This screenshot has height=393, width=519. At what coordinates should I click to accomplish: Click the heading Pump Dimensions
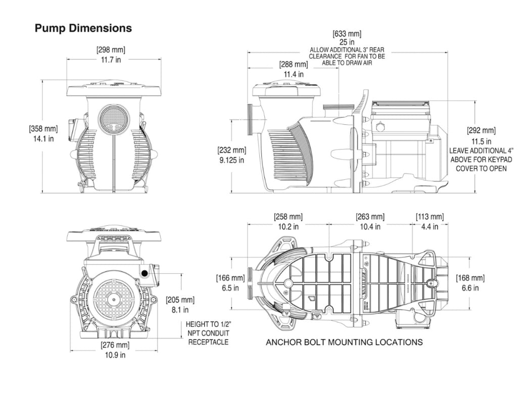[83, 28]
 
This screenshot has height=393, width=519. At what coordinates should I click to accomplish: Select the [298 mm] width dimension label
[111, 50]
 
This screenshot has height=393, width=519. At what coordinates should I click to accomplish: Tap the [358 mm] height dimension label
[43, 129]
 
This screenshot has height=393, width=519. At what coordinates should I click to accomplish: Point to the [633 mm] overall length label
[347, 34]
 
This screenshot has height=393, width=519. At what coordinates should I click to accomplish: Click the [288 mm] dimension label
[293, 65]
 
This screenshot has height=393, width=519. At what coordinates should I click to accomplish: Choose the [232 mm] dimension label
[231, 151]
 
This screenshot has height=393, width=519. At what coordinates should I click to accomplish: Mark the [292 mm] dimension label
[481, 131]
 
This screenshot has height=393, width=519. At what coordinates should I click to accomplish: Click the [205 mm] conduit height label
[180, 300]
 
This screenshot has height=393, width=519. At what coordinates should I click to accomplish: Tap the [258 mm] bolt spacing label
[288, 217]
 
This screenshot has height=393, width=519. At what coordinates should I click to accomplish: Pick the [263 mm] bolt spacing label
[370, 217]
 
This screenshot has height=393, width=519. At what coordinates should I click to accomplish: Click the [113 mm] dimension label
[430, 217]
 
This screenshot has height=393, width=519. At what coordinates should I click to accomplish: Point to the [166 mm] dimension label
[230, 278]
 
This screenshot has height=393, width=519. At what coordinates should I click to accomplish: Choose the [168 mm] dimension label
[470, 278]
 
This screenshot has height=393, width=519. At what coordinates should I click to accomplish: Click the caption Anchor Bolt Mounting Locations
[344, 342]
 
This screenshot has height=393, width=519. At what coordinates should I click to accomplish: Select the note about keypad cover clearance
[481, 160]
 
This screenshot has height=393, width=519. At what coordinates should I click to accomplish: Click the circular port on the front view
[114, 118]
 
